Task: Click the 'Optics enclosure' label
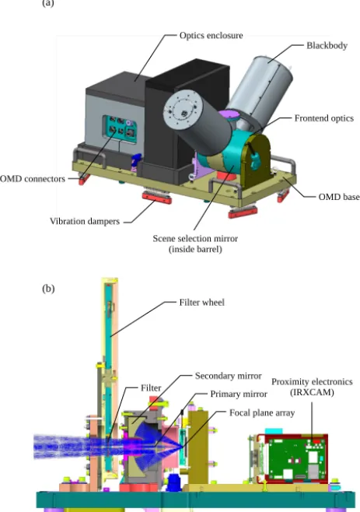pos(211,35)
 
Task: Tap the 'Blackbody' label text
pos(327,45)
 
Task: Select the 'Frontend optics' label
pos(323,118)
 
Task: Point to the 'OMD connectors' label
pos(33,179)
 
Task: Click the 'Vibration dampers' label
pos(85,221)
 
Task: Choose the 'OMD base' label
pos(339,197)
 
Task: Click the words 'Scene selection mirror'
pos(195,238)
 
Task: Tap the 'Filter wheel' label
pos(201,302)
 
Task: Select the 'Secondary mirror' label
pos(228,376)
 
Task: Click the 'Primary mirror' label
pos(239,395)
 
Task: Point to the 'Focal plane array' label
pos(262,412)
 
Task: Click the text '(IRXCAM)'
pos(312,392)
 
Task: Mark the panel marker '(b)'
pos(48,289)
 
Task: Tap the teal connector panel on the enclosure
pos(120,128)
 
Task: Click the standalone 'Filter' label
pos(151,388)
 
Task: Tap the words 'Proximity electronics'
pos(312,382)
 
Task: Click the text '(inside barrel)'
pos(195,250)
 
